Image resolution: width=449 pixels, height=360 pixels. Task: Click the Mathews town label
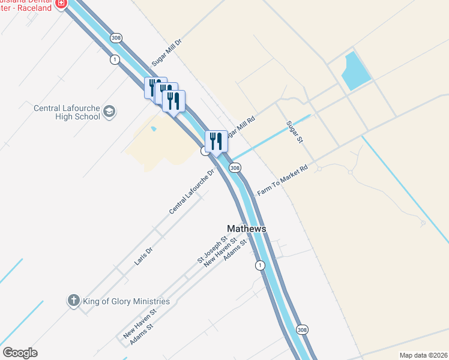(x=246, y=229)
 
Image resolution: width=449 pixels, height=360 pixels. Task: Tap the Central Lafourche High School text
(x=67, y=112)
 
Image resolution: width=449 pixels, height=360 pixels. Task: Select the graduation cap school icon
(x=109, y=111)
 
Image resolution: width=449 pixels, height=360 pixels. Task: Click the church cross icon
(x=73, y=301)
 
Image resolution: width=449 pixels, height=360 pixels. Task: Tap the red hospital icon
(x=61, y=4)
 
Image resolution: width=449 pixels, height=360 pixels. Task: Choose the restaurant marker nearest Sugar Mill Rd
(x=216, y=142)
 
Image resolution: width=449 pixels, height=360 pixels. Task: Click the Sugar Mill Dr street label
(x=166, y=52)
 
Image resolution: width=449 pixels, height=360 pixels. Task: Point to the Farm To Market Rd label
(x=282, y=180)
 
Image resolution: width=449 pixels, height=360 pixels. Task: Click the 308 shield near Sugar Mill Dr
(x=116, y=38)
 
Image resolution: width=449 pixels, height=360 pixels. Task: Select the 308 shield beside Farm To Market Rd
(x=235, y=168)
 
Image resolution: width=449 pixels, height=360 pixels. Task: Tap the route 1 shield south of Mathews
(x=259, y=265)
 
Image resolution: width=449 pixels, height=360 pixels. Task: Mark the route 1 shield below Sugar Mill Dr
(x=114, y=59)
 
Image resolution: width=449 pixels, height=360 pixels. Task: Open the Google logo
(x=20, y=353)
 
